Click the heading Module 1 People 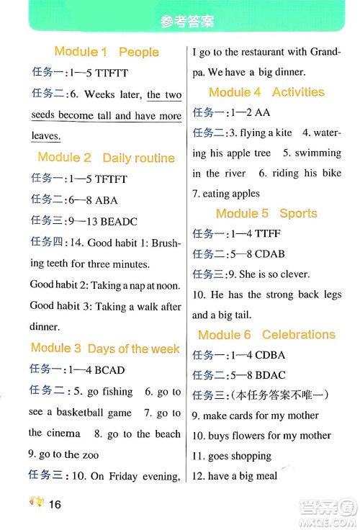(x=107, y=52)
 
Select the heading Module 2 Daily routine (x=107, y=158)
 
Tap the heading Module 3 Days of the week (x=105, y=349)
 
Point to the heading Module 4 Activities (x=266, y=92)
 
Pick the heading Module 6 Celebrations (x=266, y=335)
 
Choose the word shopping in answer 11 (x=251, y=456)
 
